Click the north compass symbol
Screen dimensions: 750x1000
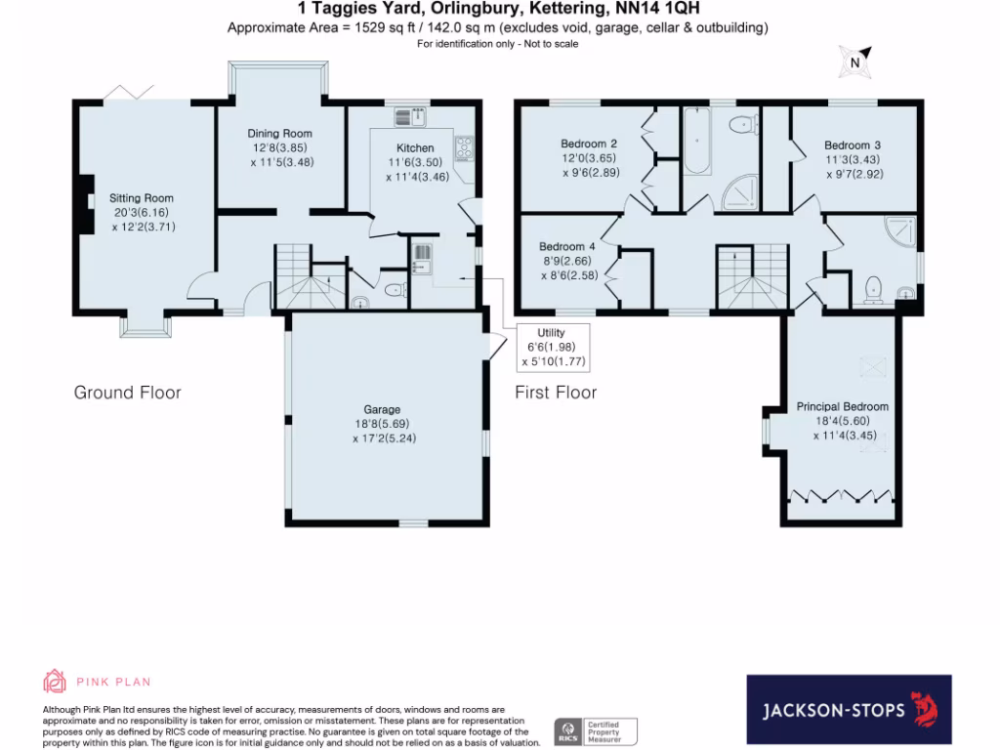(x=854, y=62)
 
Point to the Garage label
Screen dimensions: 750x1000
(x=382, y=410)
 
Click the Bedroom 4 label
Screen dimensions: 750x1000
(x=567, y=246)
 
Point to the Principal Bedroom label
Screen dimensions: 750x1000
(x=842, y=406)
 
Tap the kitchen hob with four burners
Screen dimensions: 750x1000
(x=462, y=148)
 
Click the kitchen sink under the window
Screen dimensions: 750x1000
(x=409, y=117)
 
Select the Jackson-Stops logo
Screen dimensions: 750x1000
(x=849, y=710)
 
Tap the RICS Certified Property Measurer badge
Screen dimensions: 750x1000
(x=596, y=730)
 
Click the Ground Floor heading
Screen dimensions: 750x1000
(x=128, y=393)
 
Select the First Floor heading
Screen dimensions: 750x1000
(x=556, y=393)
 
